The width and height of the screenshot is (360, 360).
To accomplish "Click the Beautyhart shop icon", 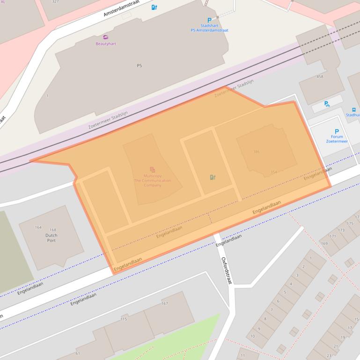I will (105, 37).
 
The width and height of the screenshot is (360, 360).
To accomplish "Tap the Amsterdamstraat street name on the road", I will (122, 9).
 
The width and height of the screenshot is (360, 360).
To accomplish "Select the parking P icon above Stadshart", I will (209, 20).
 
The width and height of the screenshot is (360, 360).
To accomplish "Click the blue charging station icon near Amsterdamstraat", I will (154, 7).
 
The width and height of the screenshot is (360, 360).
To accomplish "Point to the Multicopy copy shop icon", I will (152, 170).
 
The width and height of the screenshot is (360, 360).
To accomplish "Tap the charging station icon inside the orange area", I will (213, 177).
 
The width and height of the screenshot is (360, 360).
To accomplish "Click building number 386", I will (256, 151).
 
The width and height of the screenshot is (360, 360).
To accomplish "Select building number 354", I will (273, 172).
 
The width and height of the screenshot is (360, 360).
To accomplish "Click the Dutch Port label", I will (51, 238).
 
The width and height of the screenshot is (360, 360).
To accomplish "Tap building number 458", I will (320, 77).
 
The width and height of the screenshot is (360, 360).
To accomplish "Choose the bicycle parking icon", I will (327, 104).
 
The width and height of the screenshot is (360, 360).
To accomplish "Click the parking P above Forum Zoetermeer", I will (337, 131).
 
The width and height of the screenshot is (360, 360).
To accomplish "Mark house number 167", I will (164, 303).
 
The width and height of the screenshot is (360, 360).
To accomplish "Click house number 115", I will (124, 319).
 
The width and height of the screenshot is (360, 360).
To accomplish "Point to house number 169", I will (324, 243).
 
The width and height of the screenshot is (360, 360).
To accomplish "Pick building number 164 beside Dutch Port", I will (38, 228).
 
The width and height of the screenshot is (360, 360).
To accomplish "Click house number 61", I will (77, 353).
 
